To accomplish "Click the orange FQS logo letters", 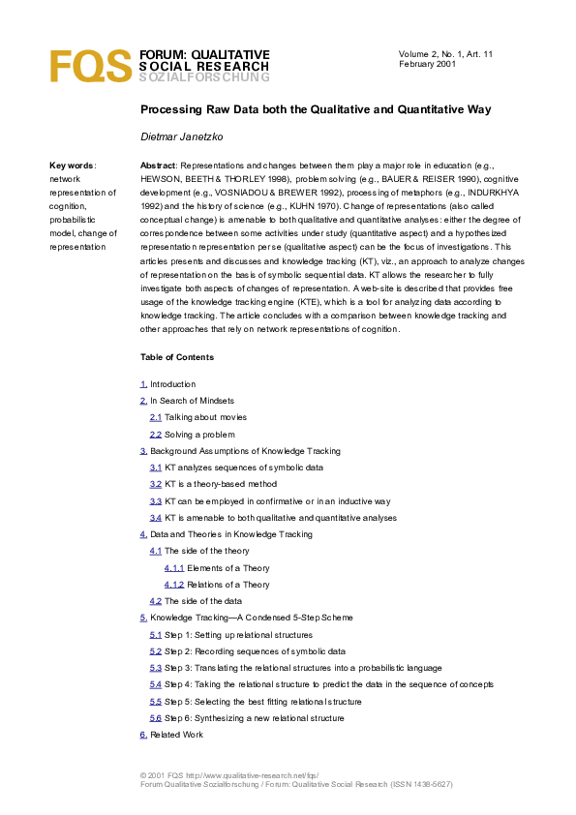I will [x=90, y=66].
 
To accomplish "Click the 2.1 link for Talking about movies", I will [x=155, y=417].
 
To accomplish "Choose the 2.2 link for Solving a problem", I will [x=155, y=435].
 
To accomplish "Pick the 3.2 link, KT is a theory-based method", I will [x=155, y=484].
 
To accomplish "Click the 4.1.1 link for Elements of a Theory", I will [x=174, y=568].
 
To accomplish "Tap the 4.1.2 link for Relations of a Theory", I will [x=174, y=585].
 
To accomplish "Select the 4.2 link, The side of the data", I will [x=155, y=601].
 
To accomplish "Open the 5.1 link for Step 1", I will [x=155, y=635].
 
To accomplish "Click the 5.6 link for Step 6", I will [x=155, y=718].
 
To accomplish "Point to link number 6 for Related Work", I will [x=143, y=735].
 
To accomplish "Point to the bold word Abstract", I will [x=158, y=166].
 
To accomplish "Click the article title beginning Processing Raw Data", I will [x=316, y=109].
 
